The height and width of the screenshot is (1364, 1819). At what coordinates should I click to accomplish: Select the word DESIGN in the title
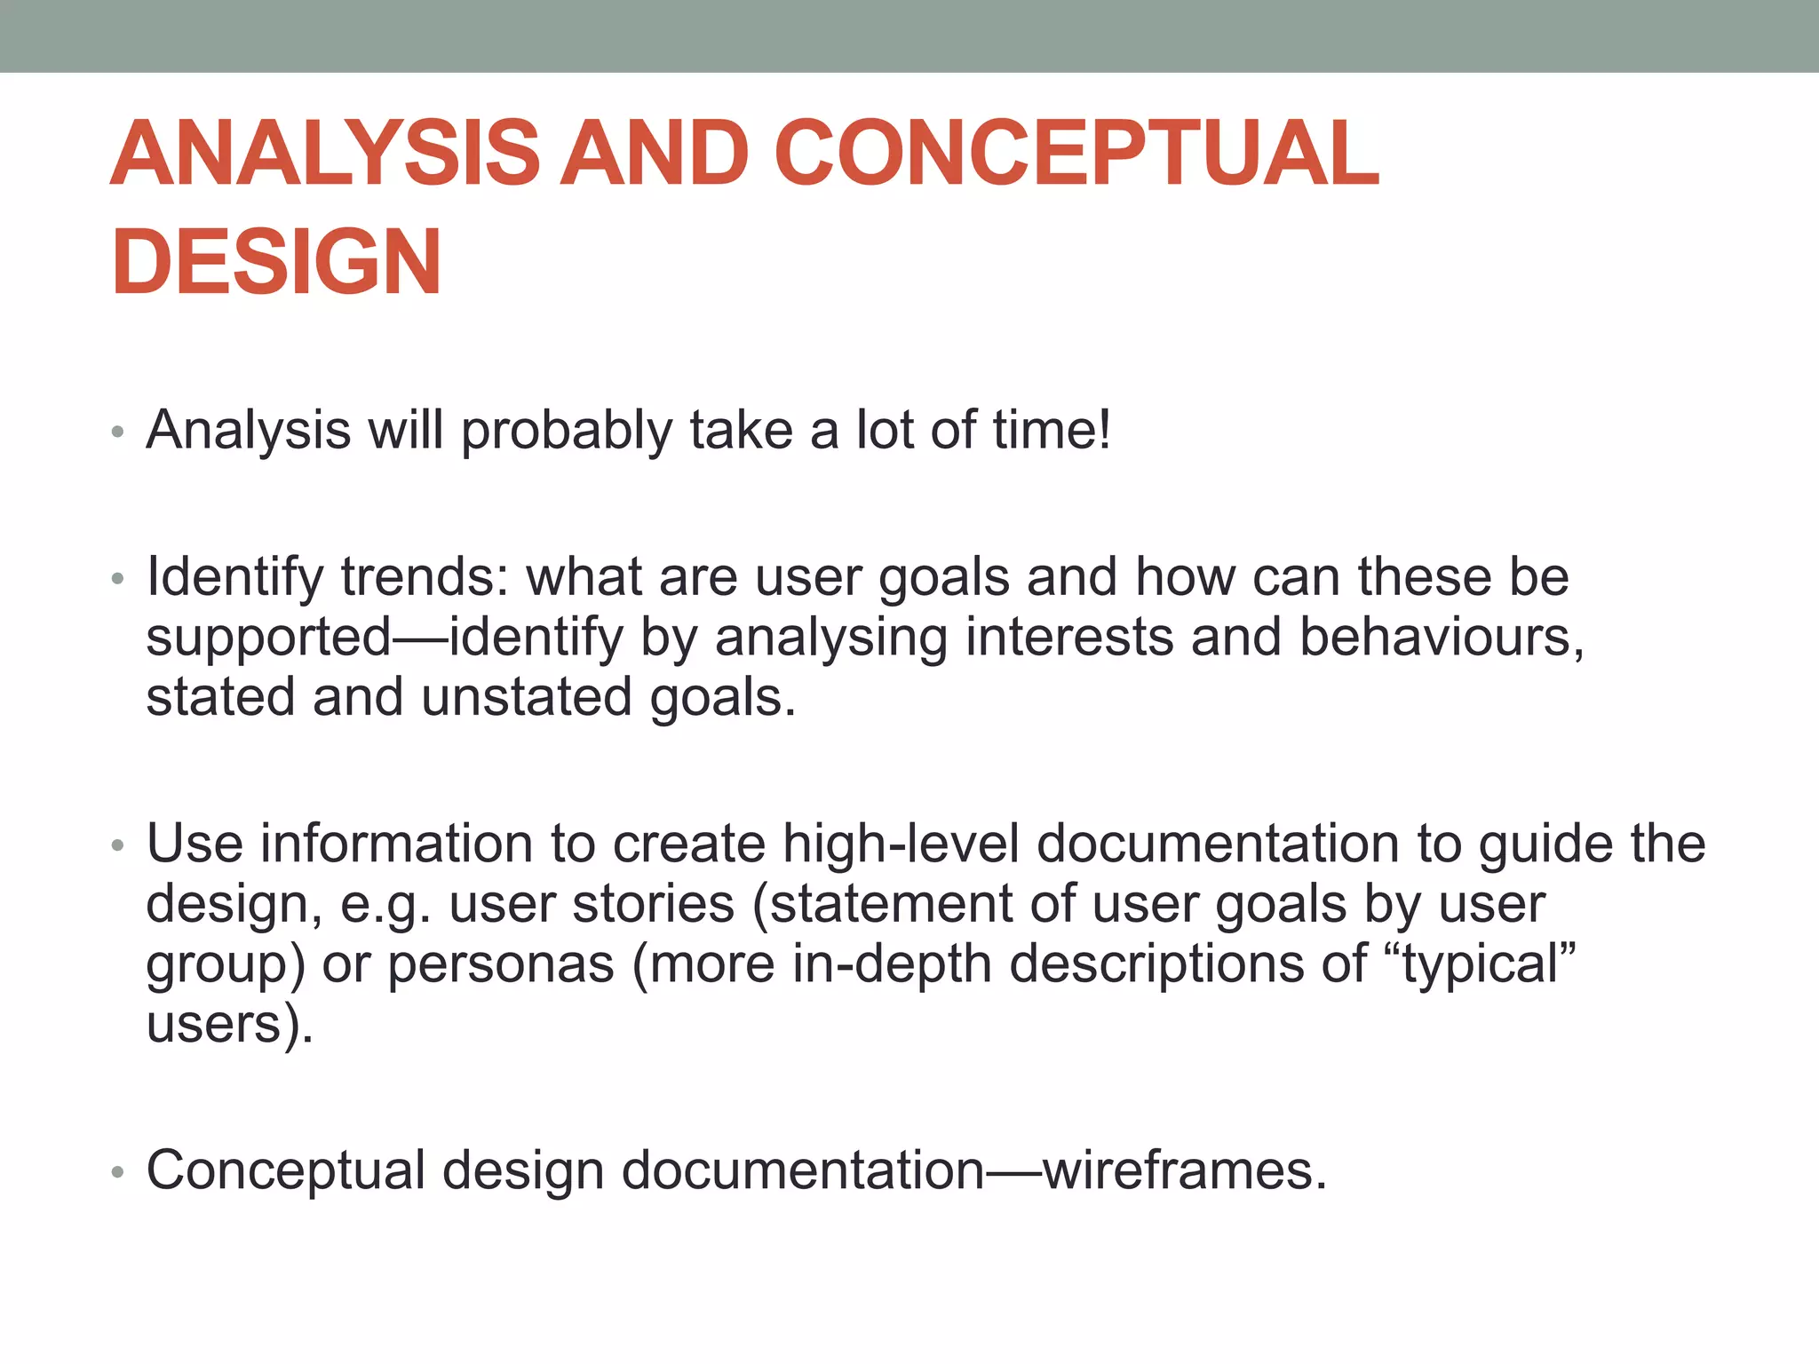276,262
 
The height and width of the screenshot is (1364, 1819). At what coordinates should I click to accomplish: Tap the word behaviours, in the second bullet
1441,638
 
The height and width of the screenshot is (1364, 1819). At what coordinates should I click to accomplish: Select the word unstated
527,697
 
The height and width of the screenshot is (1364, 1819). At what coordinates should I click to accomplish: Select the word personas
501,964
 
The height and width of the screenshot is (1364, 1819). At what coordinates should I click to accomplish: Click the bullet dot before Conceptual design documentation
117,1173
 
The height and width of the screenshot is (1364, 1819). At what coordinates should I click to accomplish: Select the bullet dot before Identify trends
117,580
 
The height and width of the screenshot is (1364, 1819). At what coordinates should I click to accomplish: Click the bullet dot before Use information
117,845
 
